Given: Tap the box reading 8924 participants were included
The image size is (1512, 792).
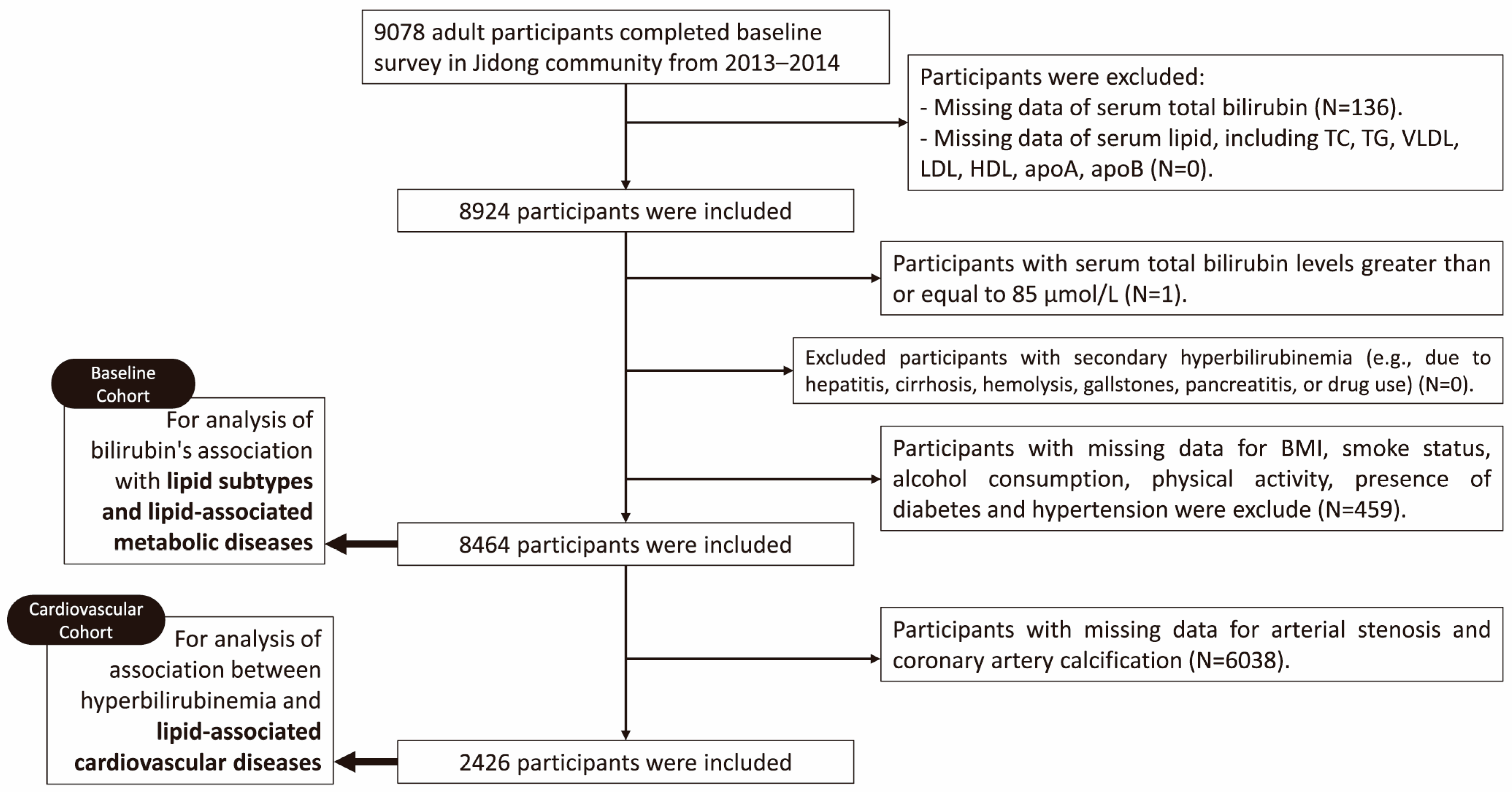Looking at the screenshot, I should pos(625,210).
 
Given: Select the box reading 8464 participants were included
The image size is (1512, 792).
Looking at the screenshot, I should pos(625,544).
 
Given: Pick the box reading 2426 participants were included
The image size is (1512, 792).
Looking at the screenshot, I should pos(625,762).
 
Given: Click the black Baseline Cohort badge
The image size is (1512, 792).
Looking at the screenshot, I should pos(123,384).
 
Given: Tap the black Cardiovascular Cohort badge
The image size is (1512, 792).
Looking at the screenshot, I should pos(86,620).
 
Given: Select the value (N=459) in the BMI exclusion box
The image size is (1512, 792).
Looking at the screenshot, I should pos(1362,509).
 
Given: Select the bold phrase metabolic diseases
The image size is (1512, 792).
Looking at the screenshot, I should pos(213,542).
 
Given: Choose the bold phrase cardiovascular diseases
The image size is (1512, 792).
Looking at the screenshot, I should pos(198,762).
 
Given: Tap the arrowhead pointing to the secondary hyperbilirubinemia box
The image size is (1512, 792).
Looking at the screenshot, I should pos(788,370).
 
